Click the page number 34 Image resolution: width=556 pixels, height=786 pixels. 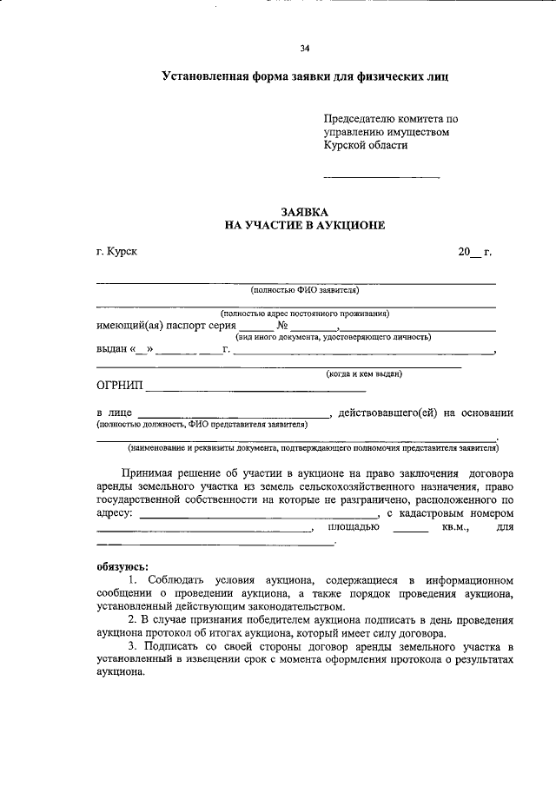pyautogui.click(x=304, y=49)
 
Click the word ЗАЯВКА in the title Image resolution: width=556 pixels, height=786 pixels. pyautogui.click(x=304, y=211)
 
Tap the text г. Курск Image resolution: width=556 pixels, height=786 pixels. pyautogui.click(x=116, y=252)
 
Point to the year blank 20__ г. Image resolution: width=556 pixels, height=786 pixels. pyautogui.click(x=474, y=252)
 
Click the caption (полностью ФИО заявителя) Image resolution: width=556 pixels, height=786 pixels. pyautogui.click(x=298, y=290)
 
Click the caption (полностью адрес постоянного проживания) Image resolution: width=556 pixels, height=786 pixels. pyautogui.click(x=304, y=313)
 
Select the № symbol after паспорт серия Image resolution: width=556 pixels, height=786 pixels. pyautogui.click(x=282, y=326)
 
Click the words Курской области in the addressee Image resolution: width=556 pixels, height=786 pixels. pyautogui.click(x=366, y=146)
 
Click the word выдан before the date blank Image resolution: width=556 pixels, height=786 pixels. pyautogui.click(x=111, y=350)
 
